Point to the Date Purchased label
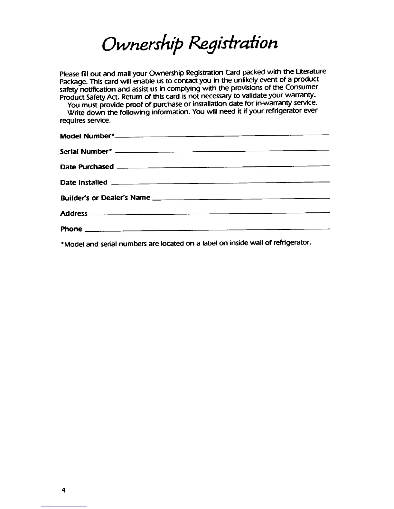click(87, 167)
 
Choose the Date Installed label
click(84, 182)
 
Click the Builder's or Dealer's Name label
click(105, 198)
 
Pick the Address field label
click(74, 213)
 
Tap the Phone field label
click(71, 229)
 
